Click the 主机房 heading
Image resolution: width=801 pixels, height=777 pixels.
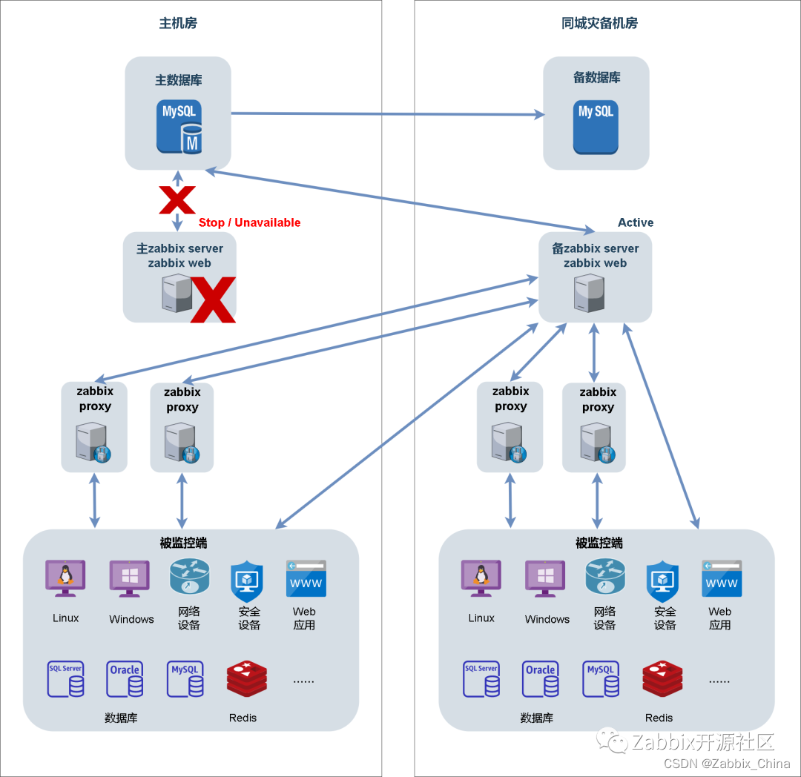tap(178, 23)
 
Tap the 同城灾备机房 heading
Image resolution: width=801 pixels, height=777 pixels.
tap(599, 23)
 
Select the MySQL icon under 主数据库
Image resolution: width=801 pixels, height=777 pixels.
tap(180, 127)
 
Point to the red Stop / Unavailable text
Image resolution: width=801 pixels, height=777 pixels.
tap(249, 222)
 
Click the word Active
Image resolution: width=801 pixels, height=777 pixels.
tap(636, 222)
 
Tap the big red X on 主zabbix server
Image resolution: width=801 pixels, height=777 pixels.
tap(213, 300)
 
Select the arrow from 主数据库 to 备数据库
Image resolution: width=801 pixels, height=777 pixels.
tap(386, 114)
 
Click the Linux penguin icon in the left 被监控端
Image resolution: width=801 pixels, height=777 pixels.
tap(65, 578)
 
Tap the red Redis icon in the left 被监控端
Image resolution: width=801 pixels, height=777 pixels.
tap(246, 679)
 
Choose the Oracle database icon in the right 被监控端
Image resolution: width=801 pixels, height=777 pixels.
tap(540, 679)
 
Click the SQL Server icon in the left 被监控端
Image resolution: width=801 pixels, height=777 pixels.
tap(65, 679)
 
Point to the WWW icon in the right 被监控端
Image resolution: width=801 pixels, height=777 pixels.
tap(722, 579)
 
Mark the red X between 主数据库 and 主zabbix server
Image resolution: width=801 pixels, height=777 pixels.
tap(177, 200)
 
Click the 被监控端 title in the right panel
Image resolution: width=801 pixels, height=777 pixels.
tap(599, 543)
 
